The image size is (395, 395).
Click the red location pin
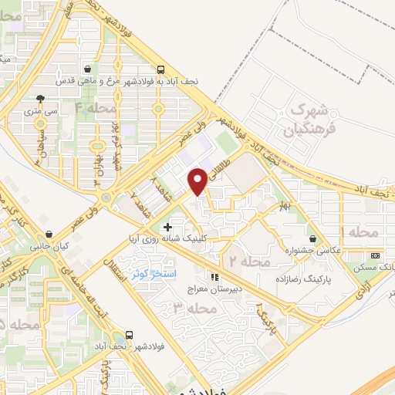pyautogui.click(x=197, y=182)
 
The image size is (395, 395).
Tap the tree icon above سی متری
pyautogui.click(x=40, y=100)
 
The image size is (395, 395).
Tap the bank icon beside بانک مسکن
pyautogui.click(x=375, y=255)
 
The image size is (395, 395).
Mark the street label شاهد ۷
pyautogui.click(x=136, y=202)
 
